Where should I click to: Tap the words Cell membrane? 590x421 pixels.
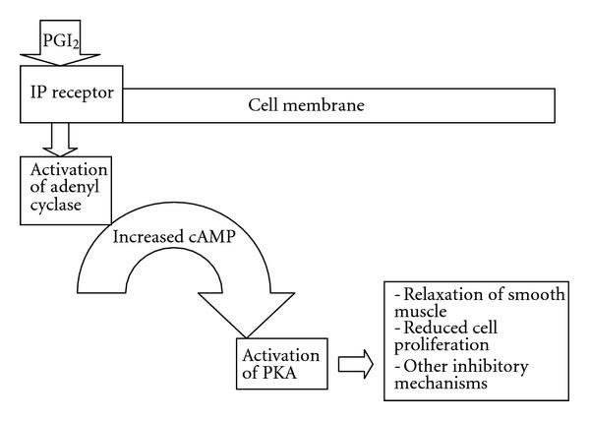(307, 103)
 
